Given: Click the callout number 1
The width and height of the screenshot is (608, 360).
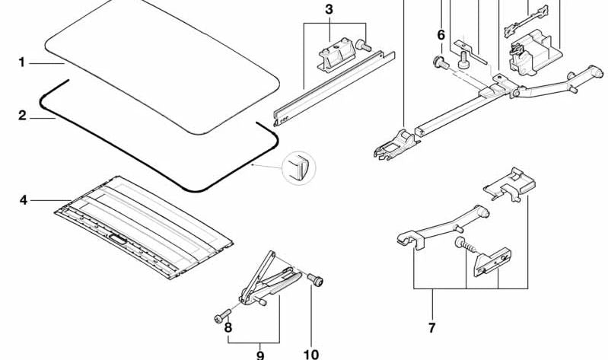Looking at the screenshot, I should point(22,62).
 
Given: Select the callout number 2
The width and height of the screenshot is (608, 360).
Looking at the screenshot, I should point(22,116).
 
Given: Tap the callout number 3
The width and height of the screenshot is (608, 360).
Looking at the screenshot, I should point(328,10).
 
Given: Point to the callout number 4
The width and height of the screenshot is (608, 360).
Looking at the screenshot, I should point(23,200).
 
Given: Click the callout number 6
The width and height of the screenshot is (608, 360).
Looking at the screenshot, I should point(441,34).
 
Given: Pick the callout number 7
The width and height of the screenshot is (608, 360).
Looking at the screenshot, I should point(431,328).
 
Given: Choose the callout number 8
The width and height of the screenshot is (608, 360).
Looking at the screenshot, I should point(226,328).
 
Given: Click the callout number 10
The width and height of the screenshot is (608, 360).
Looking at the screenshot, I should point(310,354).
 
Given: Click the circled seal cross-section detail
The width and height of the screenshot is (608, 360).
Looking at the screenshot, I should point(298,167).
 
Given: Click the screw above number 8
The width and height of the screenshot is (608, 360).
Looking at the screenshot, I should point(221,311).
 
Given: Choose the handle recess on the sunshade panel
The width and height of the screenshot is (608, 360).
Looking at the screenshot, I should point(119,238).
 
